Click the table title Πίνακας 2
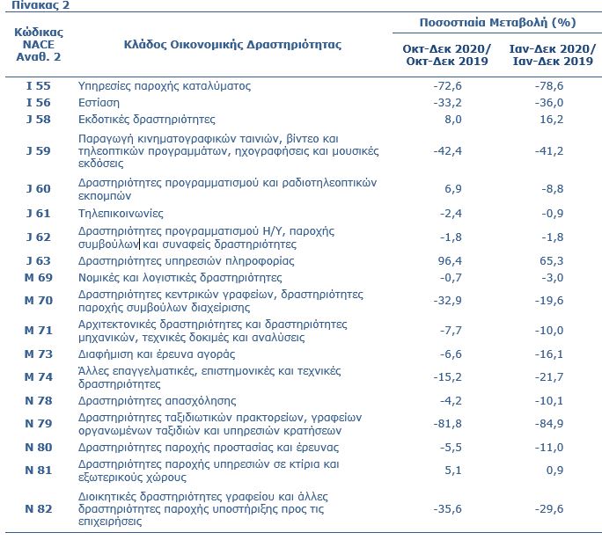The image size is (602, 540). pos(40,5)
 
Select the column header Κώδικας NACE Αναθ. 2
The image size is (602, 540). pos(39,45)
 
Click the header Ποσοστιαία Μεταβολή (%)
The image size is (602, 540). pos(497,23)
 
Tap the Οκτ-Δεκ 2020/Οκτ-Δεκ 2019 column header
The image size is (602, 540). pos(447,55)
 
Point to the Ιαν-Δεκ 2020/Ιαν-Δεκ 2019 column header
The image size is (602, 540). pos(553,55)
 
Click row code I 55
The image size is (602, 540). pos(39,85)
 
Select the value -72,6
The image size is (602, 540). pos(448,85)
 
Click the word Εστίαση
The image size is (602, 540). pos(99,103)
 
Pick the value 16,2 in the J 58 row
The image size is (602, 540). pos(552,120)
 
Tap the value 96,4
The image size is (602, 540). pos(450,261)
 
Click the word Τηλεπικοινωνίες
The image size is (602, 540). pos(121,213)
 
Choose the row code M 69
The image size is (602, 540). pos(39,277)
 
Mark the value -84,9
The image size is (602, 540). pos(549,424)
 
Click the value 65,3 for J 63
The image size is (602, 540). pos(552,261)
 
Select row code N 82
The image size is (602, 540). pos(39,509)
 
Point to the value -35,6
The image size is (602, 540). pos(448,509)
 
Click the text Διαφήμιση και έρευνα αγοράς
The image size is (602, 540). pos(157,354)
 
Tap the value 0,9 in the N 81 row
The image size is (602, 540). pos(554,471)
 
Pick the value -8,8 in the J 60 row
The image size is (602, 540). pos(553,189)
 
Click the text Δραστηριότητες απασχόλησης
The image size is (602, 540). pos(157,401)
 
